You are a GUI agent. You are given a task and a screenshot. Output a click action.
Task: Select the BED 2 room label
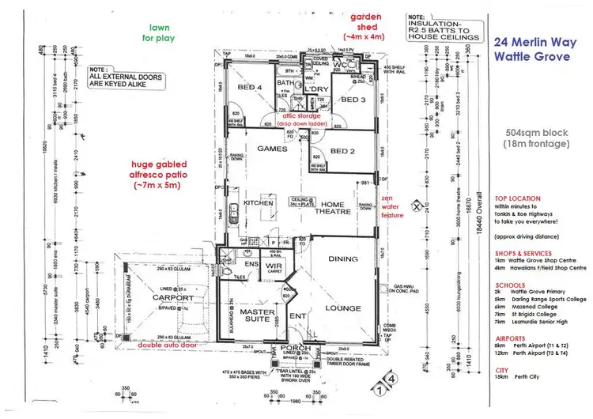(342, 151)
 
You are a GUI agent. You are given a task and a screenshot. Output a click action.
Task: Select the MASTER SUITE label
(246, 319)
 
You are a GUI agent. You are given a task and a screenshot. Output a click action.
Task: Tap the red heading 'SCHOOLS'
(510, 285)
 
